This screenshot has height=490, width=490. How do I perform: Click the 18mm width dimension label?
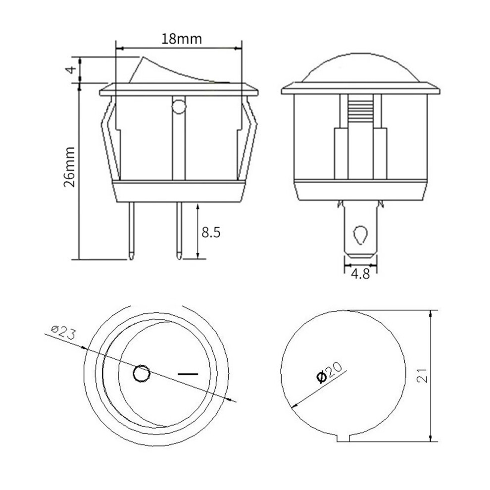coord(182,39)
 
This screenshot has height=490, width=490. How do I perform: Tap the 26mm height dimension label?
coord(70,167)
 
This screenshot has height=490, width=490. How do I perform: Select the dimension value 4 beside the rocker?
coord(72,69)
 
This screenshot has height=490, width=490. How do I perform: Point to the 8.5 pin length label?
coord(211,233)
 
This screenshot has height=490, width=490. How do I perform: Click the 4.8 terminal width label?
coord(360,274)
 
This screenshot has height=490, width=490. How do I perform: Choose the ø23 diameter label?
coord(63,332)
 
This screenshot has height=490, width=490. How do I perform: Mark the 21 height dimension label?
coord(422,375)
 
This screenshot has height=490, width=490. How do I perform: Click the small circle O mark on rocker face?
coord(142,373)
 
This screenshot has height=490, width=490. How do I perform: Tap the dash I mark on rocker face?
coord(188,373)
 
